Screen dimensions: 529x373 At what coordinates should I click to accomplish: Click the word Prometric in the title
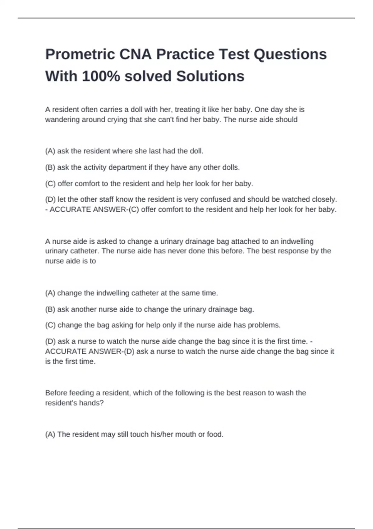coord(80,54)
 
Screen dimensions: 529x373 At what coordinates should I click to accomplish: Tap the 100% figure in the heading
coord(101,76)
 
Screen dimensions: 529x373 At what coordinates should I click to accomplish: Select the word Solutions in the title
coord(210,76)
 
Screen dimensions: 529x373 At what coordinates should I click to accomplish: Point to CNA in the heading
coord(136,54)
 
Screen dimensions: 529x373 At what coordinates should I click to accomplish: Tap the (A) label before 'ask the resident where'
coord(50,151)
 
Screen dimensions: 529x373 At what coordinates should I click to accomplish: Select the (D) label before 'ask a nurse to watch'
coord(50,341)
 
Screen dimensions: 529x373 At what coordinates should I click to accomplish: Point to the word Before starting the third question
coord(56,393)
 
